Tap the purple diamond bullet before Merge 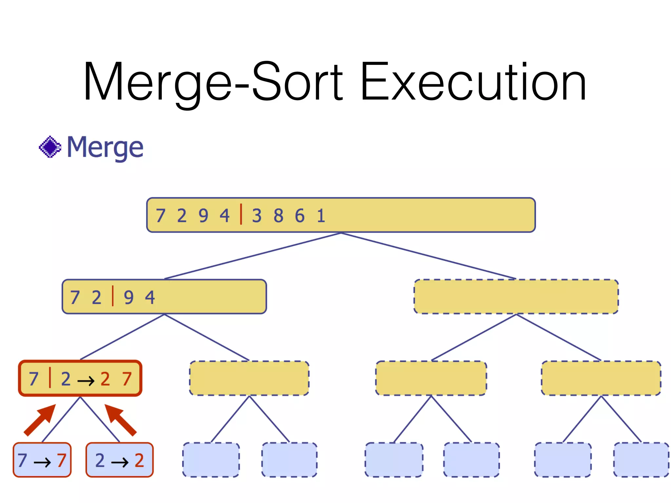50,147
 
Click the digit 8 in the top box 278,216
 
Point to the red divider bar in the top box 241,214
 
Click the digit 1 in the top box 321,216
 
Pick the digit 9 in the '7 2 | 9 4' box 129,297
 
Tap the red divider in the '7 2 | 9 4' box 113,296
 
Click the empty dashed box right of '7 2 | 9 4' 516,296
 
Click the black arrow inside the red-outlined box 86,380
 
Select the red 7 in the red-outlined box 127,379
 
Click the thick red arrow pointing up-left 120,420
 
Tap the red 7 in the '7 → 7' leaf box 62,460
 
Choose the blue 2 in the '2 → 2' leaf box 100,460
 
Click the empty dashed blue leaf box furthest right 641,459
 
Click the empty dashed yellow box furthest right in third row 601,378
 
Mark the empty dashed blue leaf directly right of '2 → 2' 211,459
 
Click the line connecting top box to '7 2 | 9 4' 252,256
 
